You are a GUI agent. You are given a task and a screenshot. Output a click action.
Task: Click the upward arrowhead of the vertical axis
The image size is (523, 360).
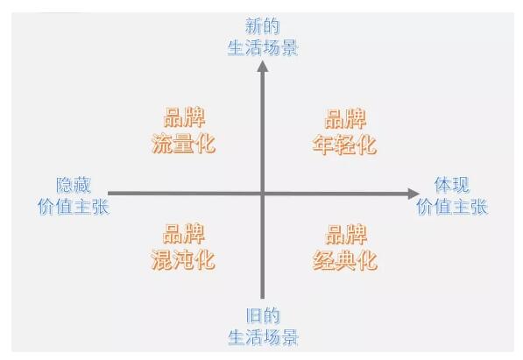[x=263, y=66]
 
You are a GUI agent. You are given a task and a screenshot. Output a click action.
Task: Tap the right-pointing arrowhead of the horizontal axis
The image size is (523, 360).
[x=413, y=194]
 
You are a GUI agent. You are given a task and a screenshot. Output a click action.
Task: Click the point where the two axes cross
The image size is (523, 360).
[x=263, y=194]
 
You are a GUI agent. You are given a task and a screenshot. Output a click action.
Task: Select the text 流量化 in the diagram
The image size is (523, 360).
[x=183, y=144]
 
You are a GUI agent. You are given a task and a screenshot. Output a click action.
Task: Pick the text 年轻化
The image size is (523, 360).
[x=344, y=145]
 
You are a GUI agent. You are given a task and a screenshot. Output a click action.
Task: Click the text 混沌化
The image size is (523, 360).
[x=183, y=259]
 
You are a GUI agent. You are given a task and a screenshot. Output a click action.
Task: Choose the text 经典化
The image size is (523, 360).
[x=345, y=260]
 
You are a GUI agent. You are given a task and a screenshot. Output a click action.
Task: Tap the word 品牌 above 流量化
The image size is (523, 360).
[x=184, y=117]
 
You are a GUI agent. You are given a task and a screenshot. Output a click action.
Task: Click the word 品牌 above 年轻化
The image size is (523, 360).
[x=345, y=118]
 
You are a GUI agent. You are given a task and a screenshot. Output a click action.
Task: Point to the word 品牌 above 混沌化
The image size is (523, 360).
[x=184, y=234]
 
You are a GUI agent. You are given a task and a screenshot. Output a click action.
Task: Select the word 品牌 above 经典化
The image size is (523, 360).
[x=346, y=235]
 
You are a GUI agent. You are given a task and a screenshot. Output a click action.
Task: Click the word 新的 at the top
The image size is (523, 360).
[x=263, y=26]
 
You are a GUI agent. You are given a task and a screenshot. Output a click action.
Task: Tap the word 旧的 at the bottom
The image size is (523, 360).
[x=263, y=315]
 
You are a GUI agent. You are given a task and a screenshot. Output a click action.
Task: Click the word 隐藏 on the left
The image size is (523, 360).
[x=74, y=185]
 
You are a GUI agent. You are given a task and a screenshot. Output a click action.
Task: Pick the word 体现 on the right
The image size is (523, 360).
[x=452, y=185]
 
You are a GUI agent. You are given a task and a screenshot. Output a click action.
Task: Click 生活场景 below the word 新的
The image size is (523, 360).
[x=263, y=47]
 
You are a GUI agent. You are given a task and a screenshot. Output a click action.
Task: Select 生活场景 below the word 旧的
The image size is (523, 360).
[x=263, y=337]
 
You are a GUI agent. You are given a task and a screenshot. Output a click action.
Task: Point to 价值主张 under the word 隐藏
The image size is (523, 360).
[x=74, y=207]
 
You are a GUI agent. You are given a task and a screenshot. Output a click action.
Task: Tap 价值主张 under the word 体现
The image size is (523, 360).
[x=452, y=207]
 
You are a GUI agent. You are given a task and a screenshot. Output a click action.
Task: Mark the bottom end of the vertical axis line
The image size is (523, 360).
[x=263, y=299]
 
